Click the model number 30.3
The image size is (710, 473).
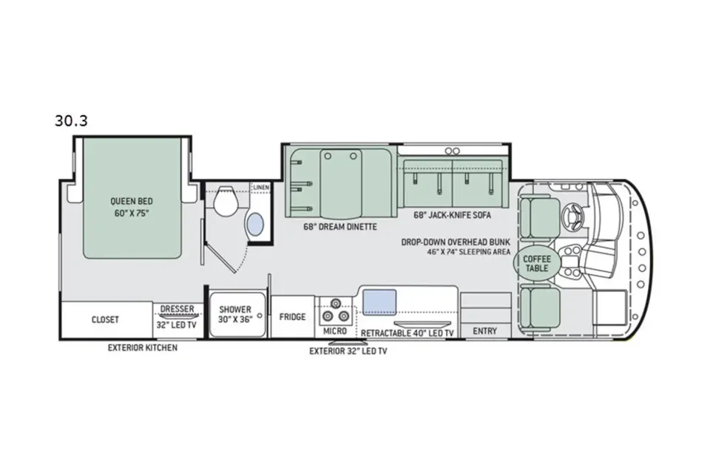(71, 121)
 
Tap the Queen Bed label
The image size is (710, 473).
(132, 202)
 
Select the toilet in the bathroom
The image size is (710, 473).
(226, 201)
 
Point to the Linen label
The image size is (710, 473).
(261, 187)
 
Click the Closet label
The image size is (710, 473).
(105, 319)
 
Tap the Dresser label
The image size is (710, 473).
(177, 309)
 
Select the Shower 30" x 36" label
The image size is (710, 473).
(235, 314)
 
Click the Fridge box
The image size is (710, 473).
(293, 317)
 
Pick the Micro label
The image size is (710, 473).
(335, 331)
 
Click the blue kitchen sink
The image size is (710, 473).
(379, 302)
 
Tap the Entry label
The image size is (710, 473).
(485, 331)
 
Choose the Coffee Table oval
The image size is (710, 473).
(537, 263)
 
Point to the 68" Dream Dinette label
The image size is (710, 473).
(340, 226)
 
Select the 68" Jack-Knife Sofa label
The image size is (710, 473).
(452, 215)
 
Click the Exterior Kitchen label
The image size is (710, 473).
(143, 347)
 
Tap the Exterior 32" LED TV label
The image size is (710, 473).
(348, 351)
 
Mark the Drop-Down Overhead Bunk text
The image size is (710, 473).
(456, 242)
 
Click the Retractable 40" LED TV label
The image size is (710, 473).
(407, 333)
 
